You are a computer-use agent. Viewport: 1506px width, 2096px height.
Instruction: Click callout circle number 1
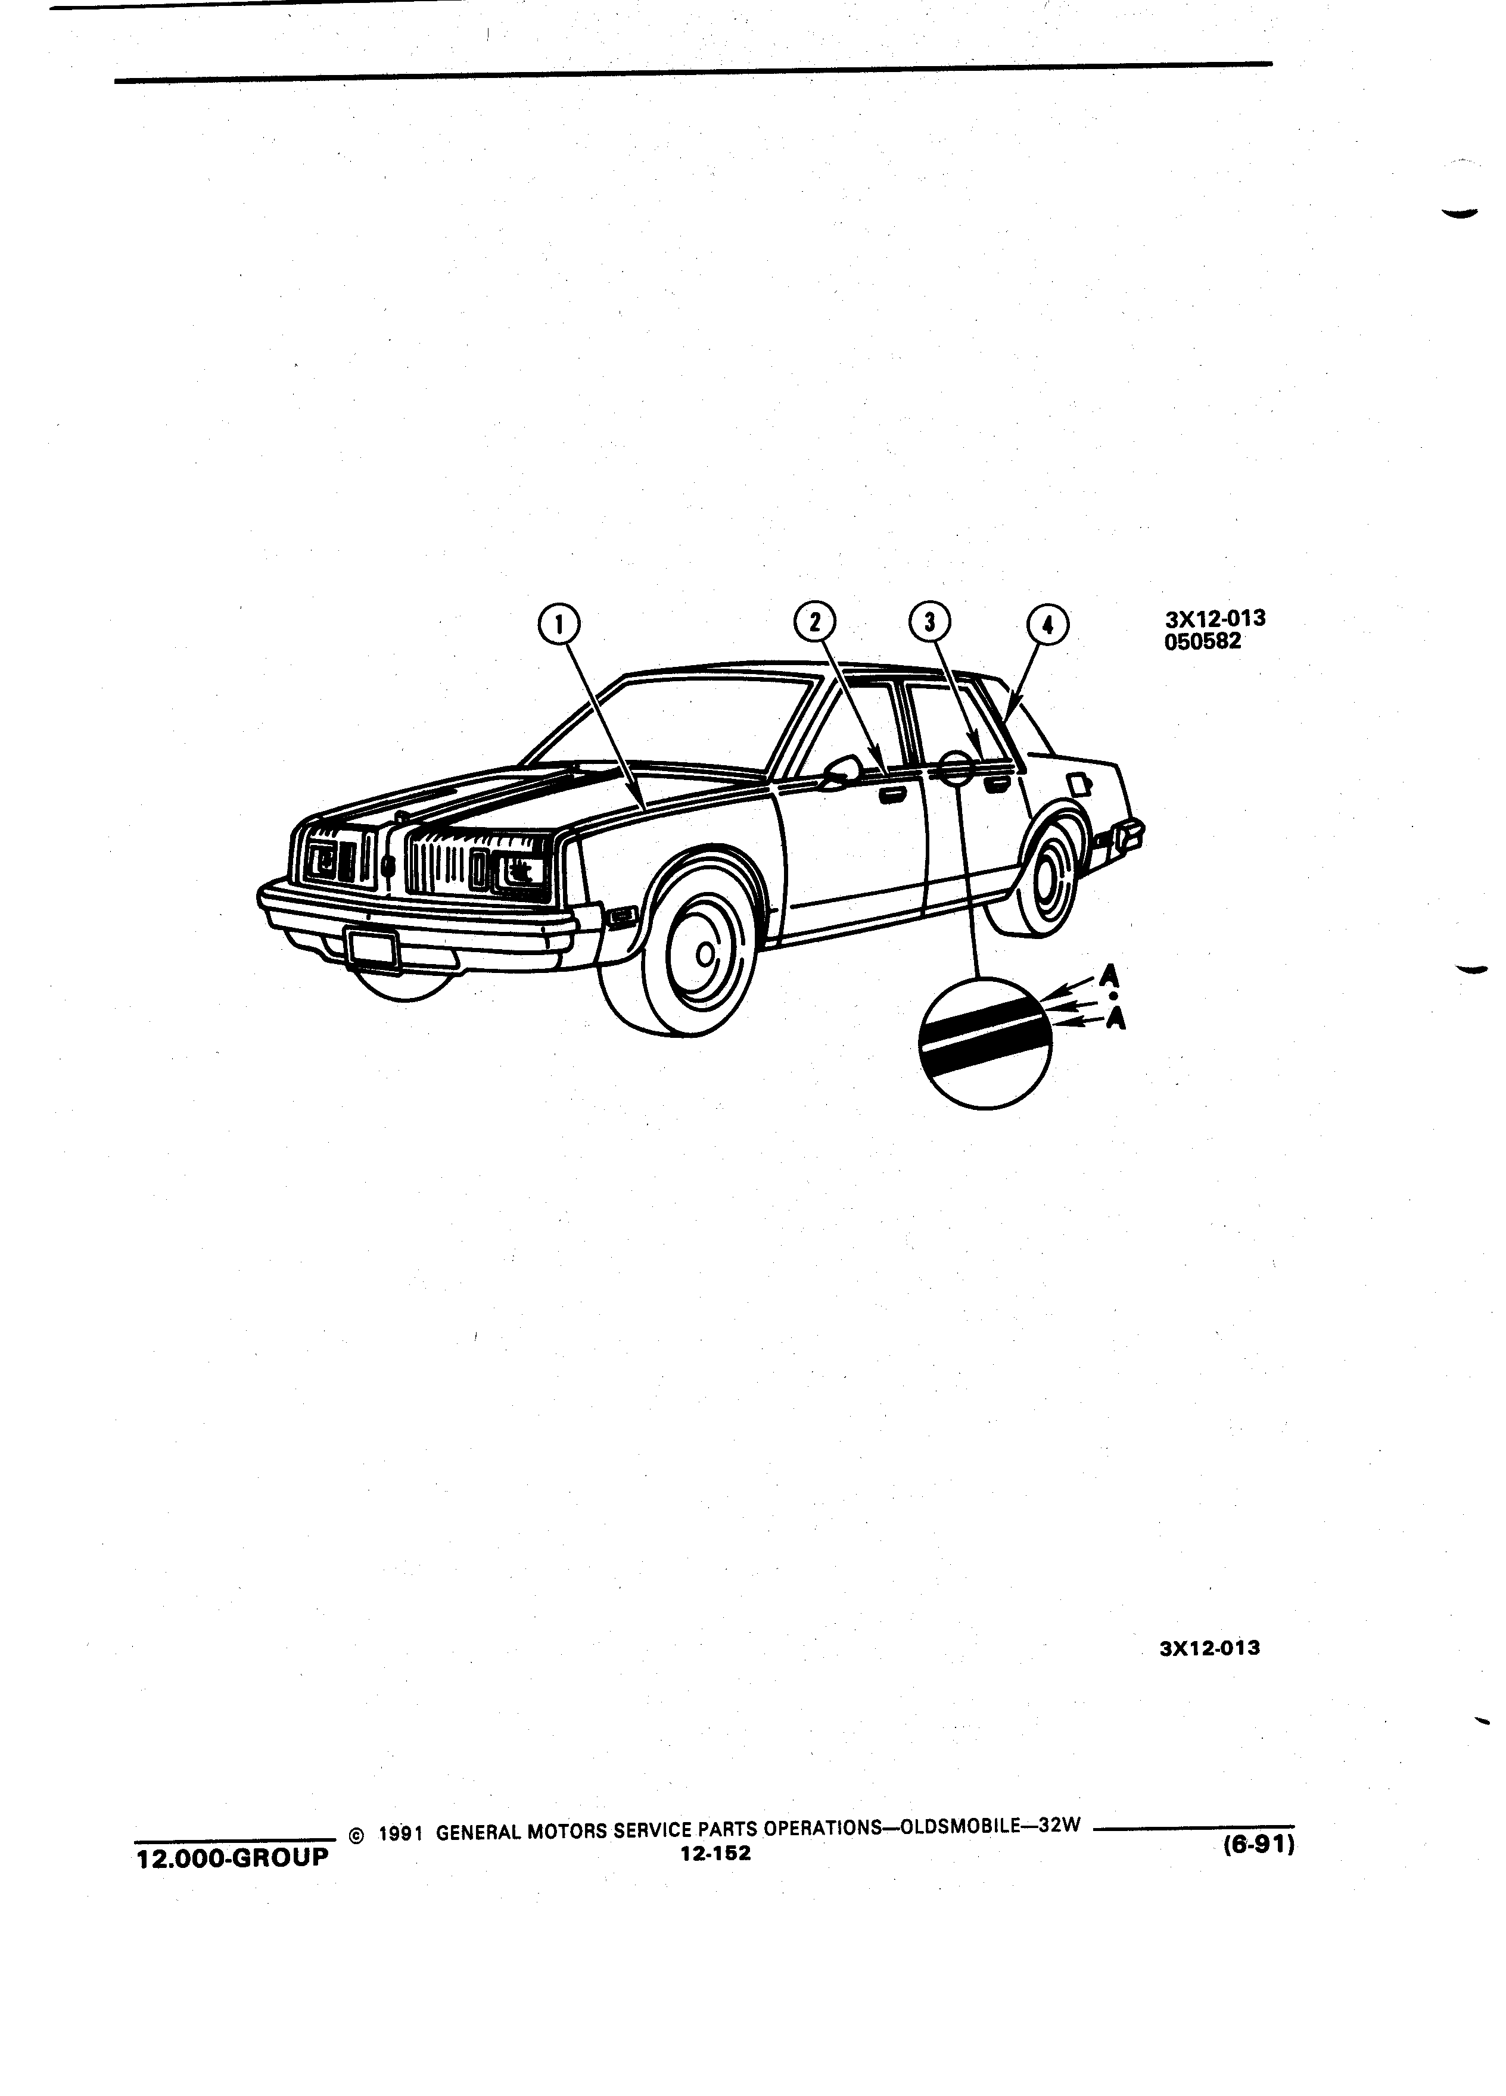click(x=558, y=625)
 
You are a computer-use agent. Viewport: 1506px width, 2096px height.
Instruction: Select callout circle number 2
click(x=814, y=622)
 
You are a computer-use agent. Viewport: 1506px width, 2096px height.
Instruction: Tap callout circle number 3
click(x=930, y=622)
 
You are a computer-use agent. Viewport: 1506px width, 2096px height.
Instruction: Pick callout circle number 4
click(x=1047, y=625)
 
